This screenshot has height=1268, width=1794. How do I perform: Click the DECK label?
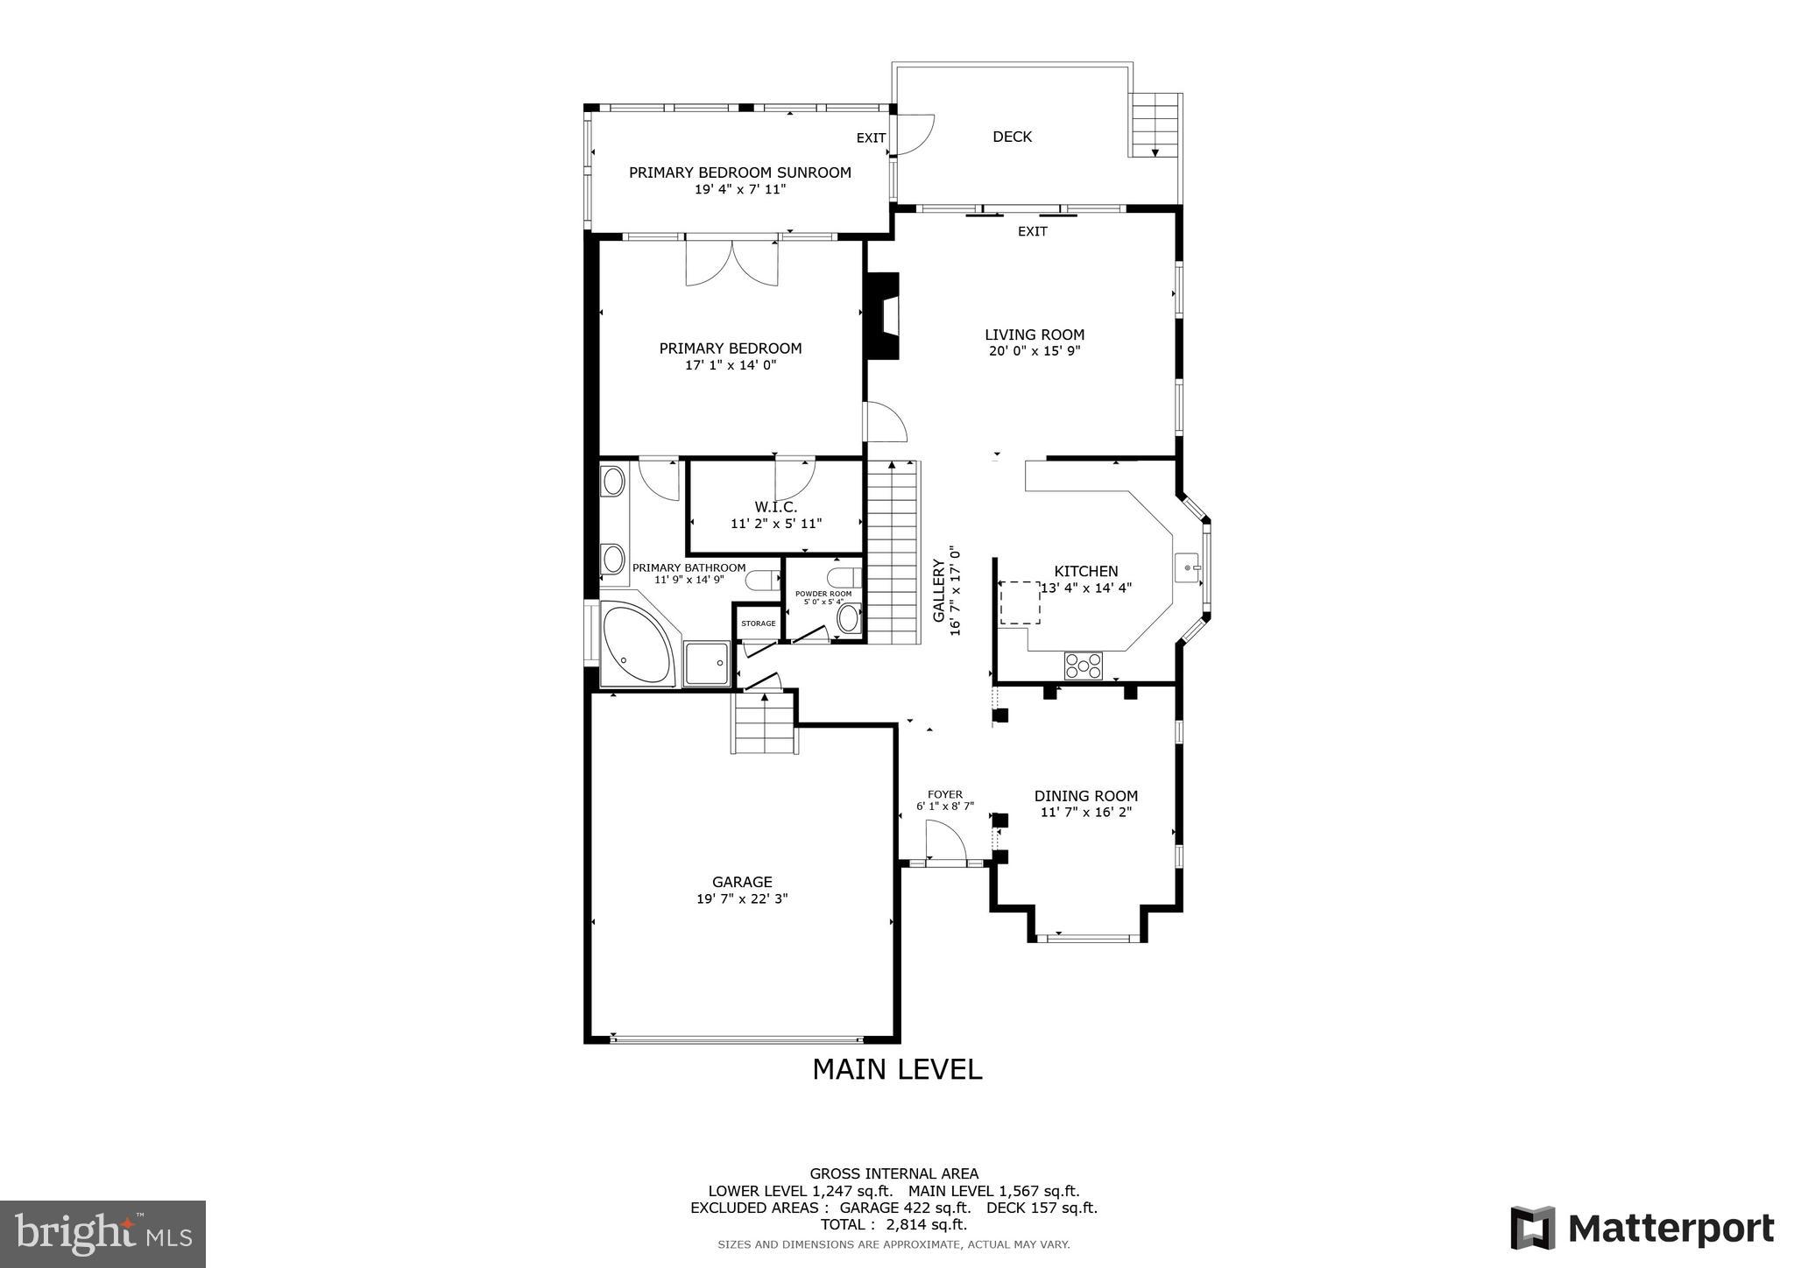pos(1012,137)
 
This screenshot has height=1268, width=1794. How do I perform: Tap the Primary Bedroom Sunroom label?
pos(739,173)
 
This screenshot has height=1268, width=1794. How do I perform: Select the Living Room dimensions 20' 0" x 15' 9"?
pos(1034,351)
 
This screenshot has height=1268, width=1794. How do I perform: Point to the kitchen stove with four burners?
pos(1084,666)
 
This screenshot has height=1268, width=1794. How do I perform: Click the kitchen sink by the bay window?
pos(1189,567)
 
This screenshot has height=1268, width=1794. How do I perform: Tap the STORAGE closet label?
pos(758,623)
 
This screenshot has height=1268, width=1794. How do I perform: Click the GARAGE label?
pos(742,882)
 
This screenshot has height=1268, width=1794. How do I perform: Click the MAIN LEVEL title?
pos(897,1069)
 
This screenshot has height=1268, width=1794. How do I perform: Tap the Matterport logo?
pos(1642,1228)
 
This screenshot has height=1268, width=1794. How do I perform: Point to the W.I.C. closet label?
pos(775,507)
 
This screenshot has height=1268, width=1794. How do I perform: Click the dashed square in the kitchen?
pos(1020,602)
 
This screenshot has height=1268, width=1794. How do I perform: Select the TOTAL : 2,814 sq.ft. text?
pos(893,1224)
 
